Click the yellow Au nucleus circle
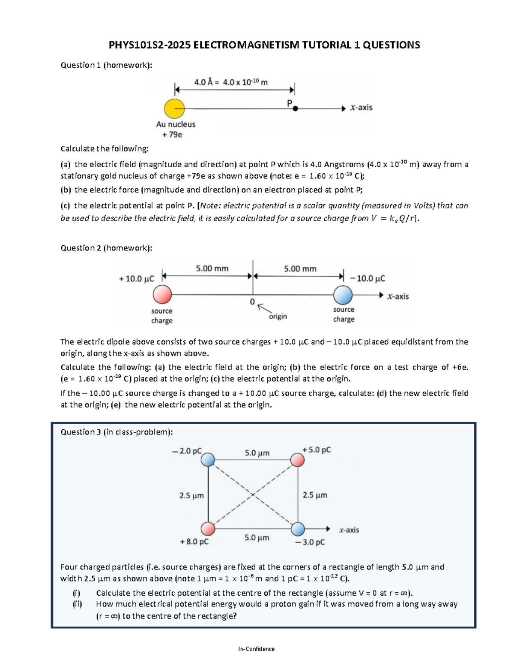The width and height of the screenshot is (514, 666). tap(174, 108)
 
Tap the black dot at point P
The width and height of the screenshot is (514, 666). tap(295, 109)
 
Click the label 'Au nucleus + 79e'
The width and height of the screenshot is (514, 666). tap(176, 129)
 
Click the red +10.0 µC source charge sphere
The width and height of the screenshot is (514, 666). tap(162, 295)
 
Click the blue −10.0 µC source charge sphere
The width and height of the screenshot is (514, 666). tap(343, 295)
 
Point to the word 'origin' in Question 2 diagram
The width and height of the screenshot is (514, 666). tap(278, 316)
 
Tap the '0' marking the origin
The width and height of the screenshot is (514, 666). tap(252, 302)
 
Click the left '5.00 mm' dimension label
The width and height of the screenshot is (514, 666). tap(212, 269)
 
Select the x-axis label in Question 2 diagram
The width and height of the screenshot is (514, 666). tap(398, 296)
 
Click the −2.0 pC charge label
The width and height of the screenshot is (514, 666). tap(186, 451)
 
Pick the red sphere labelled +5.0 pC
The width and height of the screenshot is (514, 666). tap(297, 460)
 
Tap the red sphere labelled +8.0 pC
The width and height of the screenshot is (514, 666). tap(208, 529)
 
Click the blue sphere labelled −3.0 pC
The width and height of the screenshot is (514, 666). tap(298, 529)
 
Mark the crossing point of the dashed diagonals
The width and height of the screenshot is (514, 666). tap(253, 494)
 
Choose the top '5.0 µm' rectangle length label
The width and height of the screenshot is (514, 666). tap(257, 453)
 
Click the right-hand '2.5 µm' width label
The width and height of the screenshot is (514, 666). tap(315, 495)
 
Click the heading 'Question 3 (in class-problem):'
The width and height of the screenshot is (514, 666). tap(117, 432)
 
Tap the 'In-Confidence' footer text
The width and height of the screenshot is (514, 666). tap(257, 649)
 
